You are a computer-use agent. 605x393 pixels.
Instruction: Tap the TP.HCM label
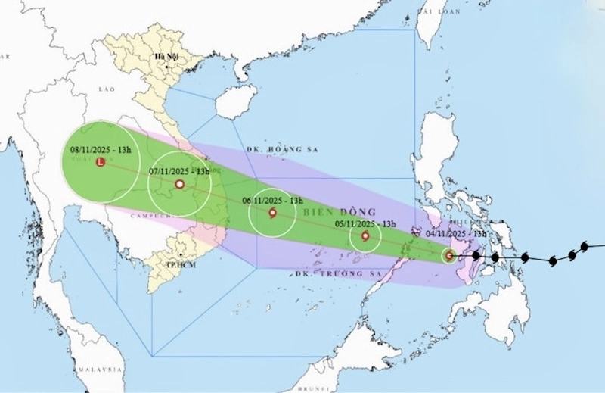click(x=178, y=266)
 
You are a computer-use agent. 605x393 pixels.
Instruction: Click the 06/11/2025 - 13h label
click(x=272, y=201)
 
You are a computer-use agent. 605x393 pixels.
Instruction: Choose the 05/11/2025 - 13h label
click(x=366, y=224)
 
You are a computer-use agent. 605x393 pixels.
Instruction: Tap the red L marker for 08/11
click(x=100, y=162)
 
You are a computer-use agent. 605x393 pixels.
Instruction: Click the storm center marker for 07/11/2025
click(x=180, y=184)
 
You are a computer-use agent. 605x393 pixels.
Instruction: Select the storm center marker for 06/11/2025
click(x=272, y=213)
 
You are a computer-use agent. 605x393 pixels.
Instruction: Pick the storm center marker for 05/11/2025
click(x=365, y=236)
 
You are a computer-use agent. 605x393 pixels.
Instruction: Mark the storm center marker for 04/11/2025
click(x=450, y=255)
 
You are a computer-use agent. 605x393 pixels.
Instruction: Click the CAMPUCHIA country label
click(x=141, y=217)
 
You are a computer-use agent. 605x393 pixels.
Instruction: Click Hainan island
click(x=235, y=101)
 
